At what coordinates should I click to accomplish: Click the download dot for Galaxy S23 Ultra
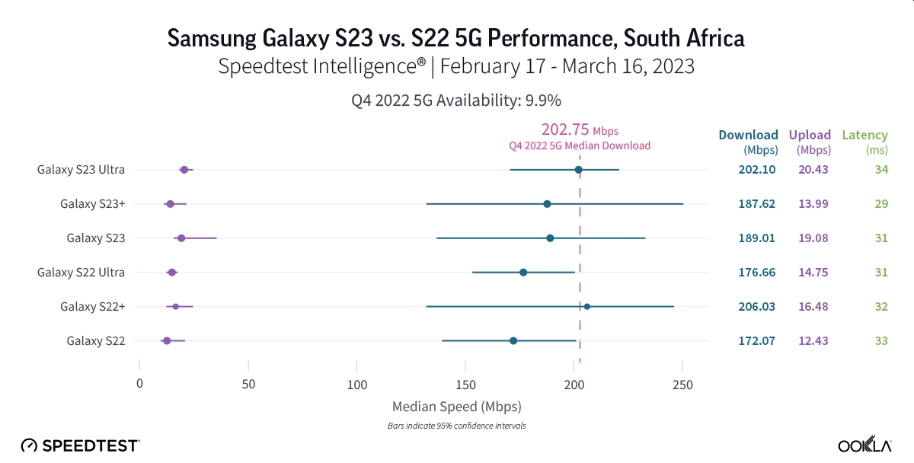[x=578, y=170]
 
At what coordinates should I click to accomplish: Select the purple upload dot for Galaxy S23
[x=181, y=238]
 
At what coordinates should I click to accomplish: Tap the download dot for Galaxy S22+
[x=586, y=307]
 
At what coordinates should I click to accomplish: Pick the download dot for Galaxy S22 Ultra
[x=523, y=273]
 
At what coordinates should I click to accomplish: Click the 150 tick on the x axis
[x=465, y=385]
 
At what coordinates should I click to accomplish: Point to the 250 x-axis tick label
[x=682, y=385]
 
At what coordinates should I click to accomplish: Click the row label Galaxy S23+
[x=92, y=204]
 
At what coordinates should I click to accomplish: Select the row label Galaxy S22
[x=95, y=341]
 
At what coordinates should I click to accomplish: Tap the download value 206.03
[x=756, y=307]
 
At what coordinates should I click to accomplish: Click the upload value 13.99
[x=813, y=204]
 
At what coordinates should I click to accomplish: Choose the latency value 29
[x=881, y=204]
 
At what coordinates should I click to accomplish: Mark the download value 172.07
[x=756, y=341]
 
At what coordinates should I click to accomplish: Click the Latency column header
[x=864, y=136]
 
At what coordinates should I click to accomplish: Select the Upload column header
[x=810, y=136]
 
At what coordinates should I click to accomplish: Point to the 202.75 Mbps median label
[x=580, y=129]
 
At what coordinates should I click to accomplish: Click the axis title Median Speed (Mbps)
[x=456, y=406]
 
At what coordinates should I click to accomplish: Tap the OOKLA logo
[x=865, y=445]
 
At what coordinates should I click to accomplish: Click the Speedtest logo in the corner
[x=80, y=445]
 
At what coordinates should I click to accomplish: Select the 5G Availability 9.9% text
[x=456, y=100]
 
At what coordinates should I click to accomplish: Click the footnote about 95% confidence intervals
[x=456, y=426]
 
